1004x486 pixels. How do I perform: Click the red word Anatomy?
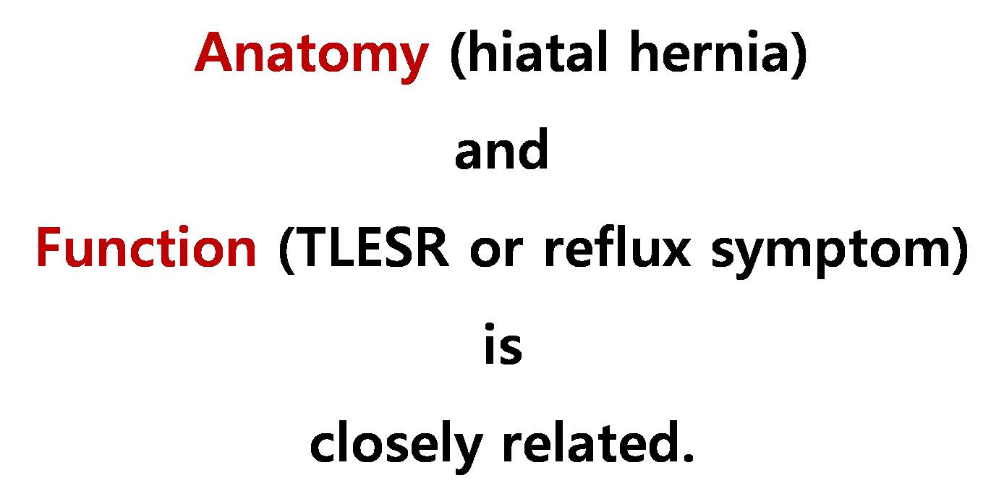click(x=312, y=56)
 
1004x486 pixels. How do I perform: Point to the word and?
click(x=501, y=148)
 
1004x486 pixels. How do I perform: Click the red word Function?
click(x=146, y=247)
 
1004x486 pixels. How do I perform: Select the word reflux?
click(x=617, y=247)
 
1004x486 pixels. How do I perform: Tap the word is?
click(x=503, y=344)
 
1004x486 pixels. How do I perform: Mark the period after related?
click(x=686, y=456)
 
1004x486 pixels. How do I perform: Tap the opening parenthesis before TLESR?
click(x=286, y=250)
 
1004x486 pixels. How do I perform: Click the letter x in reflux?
click(x=676, y=253)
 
